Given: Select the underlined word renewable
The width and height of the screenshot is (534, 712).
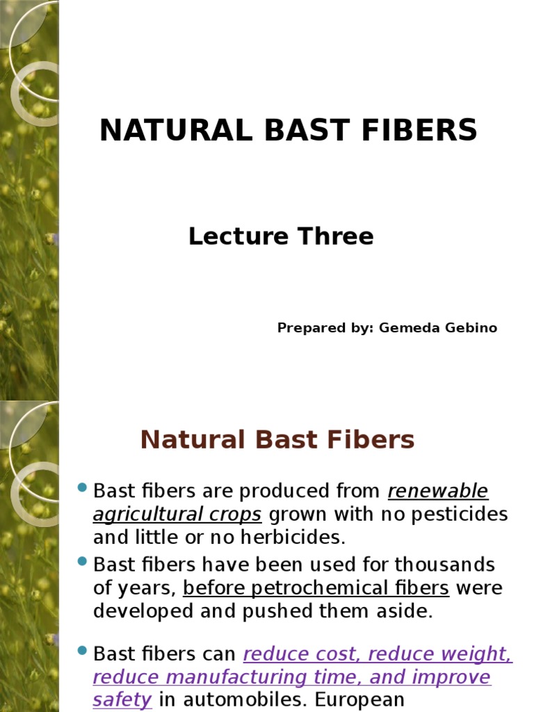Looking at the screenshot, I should (438, 492).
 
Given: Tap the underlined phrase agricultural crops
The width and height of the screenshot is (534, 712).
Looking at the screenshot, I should (177, 515).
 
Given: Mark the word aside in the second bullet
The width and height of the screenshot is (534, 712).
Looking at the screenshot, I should (406, 611).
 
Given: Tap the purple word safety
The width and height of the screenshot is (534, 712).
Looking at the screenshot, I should (122, 700).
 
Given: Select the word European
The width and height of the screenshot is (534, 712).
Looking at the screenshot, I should (355, 700).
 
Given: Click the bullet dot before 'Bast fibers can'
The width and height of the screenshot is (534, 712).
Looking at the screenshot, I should (82, 652).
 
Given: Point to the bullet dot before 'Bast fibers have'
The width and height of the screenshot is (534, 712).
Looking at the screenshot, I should (82, 561).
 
